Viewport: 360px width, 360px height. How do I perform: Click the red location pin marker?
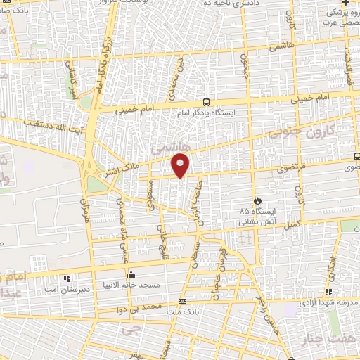point(181,165)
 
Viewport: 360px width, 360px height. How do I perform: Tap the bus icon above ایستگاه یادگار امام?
point(206,102)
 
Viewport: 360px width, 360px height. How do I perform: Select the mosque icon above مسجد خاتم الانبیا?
point(130,275)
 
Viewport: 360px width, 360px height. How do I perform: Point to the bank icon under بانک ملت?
point(182,301)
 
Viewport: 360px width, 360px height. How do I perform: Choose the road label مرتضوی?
point(288,169)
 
